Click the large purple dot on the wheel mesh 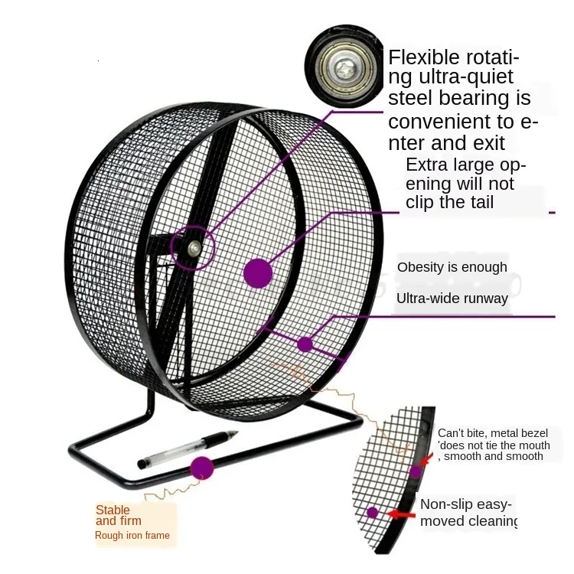point(258,272)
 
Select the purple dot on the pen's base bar point(202,467)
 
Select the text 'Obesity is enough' point(452,267)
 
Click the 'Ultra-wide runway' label point(452,298)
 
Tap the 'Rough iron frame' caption point(132,536)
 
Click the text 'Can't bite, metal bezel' point(493,433)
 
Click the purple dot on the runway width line point(305,344)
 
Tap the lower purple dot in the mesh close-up point(373,512)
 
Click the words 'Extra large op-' point(465,165)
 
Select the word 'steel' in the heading point(413,98)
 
